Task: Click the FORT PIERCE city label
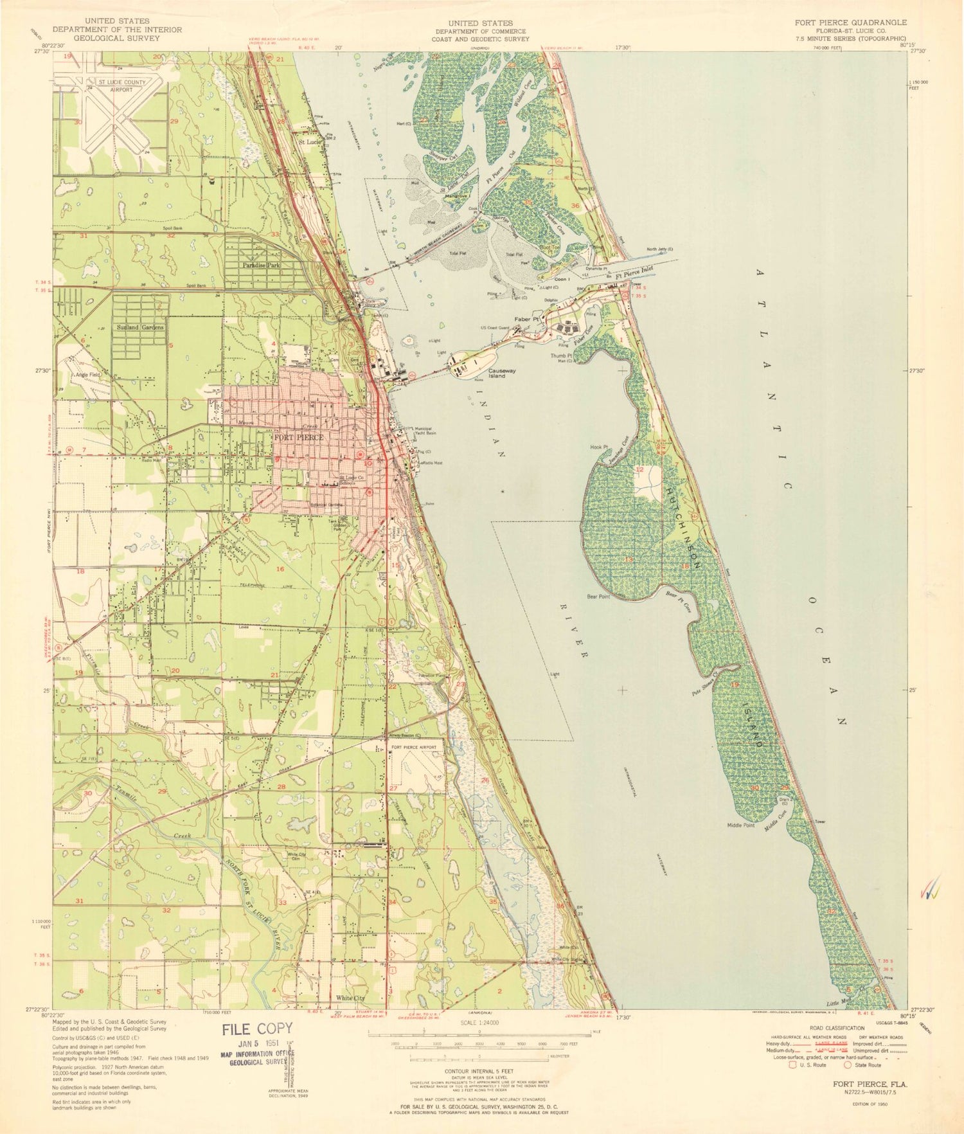tap(298, 437)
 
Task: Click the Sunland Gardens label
tap(140, 327)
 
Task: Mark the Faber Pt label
tap(526, 319)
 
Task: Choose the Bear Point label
tap(598, 597)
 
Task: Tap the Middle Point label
tap(740, 825)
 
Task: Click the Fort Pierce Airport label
tap(414, 748)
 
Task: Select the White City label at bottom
tap(350, 998)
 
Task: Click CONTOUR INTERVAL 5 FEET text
tap(479, 1072)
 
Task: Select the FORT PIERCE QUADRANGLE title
tap(850, 22)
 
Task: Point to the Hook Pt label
tap(598, 447)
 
